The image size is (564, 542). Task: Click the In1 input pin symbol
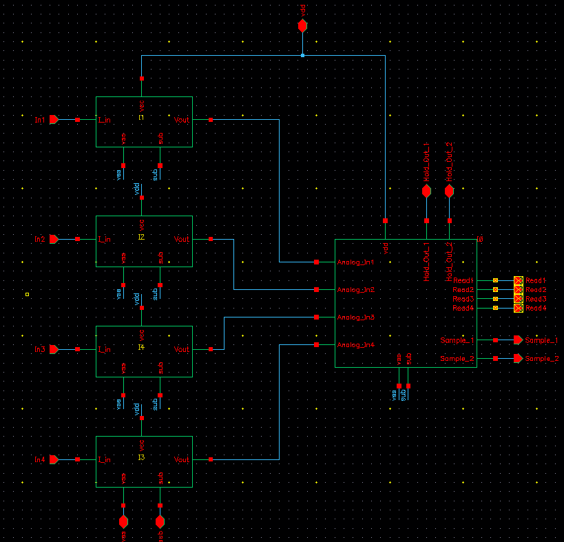click(54, 120)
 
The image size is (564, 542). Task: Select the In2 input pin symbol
click(54, 239)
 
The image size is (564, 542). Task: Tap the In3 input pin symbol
click(54, 349)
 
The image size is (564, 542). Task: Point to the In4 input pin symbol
click(54, 459)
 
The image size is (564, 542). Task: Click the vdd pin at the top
click(302, 26)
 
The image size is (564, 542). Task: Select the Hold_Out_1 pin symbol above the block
click(426, 191)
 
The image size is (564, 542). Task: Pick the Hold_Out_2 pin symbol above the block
click(450, 191)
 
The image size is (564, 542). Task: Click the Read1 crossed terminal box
click(519, 281)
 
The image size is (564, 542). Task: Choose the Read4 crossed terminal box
click(519, 308)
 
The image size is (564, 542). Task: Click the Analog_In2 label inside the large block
click(355, 290)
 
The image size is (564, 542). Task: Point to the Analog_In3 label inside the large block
click(355, 317)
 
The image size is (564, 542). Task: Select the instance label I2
click(141, 237)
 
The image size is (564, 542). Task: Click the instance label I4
click(141, 347)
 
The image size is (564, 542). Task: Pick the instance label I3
click(141, 457)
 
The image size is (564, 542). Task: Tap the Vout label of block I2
click(182, 240)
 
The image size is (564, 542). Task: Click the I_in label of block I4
click(105, 350)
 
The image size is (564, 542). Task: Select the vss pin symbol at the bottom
click(123, 521)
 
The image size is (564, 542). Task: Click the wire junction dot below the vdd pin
click(302, 55)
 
